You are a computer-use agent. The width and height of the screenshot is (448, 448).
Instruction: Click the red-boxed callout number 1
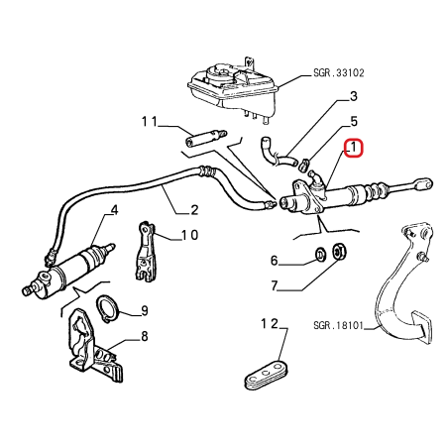[x=354, y=148]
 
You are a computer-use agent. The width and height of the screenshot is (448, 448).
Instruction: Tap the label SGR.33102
[x=339, y=72]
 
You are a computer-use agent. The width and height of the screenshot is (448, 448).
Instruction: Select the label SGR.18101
[x=338, y=326]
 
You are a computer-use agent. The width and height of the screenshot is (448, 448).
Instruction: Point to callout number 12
[x=270, y=324]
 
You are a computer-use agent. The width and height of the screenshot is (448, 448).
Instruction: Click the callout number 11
[x=150, y=122]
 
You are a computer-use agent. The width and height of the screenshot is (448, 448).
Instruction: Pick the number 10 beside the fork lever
[x=189, y=235]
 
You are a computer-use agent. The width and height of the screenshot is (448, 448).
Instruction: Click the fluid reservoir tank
[x=234, y=87]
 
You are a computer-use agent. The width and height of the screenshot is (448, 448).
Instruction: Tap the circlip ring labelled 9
[x=107, y=309]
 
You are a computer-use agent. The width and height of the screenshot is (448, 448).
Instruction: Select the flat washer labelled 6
[x=320, y=254]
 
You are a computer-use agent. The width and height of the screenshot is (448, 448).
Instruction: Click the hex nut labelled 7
[x=338, y=252]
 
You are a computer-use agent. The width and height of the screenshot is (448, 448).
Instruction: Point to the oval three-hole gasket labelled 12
[x=267, y=376]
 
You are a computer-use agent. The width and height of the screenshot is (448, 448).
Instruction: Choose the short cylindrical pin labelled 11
[x=205, y=139]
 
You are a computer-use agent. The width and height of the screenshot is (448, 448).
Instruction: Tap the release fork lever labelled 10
[x=145, y=252]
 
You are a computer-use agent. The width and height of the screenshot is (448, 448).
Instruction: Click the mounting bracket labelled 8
[x=94, y=345]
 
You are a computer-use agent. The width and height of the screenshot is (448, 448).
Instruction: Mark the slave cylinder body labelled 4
[x=68, y=270]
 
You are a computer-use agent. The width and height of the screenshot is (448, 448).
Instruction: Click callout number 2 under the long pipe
[x=194, y=210]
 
